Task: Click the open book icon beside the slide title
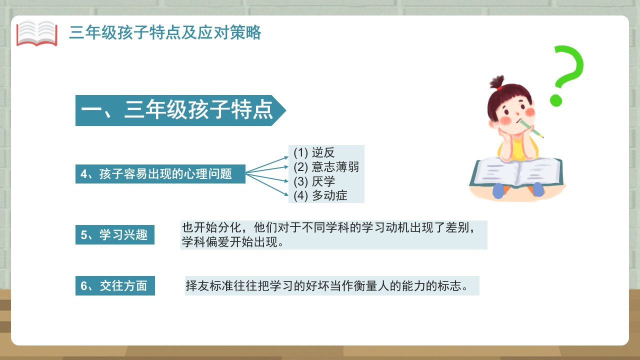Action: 37,33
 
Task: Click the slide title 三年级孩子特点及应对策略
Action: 165,32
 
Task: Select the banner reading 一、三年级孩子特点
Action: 180,110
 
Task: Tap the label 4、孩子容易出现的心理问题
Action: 160,174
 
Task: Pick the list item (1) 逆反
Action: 314,152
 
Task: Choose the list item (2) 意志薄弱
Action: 326,167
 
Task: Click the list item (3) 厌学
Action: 314,181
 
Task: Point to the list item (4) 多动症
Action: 320,195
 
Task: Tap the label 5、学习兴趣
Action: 115,235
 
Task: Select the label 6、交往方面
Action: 115,285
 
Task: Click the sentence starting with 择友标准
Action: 326,285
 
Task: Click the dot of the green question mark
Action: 556,100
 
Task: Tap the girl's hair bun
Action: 497,81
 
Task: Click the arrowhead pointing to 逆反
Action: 286,157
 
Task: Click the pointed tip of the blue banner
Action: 285,110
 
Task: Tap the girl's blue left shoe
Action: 498,191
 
